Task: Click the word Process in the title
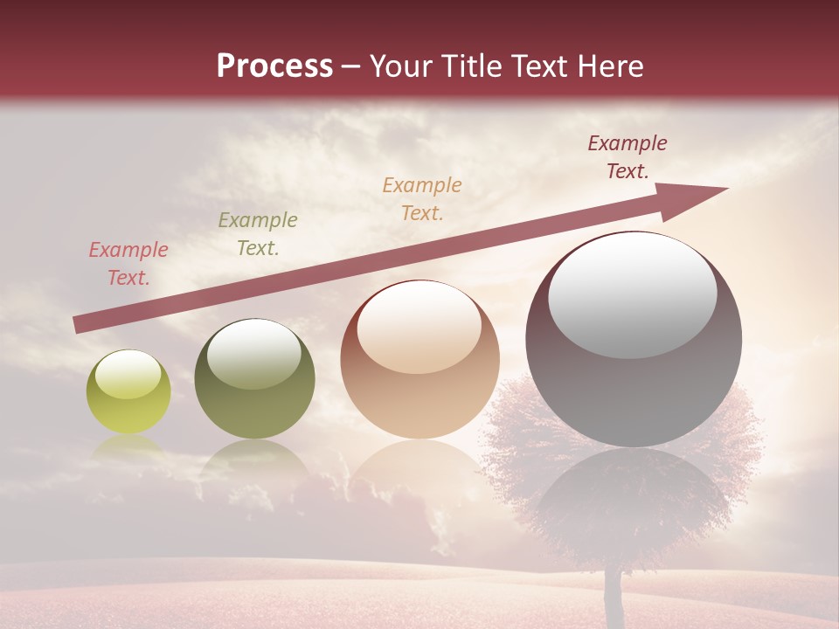[274, 66]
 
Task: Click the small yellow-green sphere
[128, 393]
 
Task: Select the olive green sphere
[254, 379]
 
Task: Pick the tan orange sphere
[419, 360]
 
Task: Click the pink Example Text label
[128, 264]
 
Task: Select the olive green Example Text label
[258, 234]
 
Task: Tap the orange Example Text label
[422, 199]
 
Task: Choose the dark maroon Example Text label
[628, 157]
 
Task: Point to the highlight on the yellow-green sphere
[128, 374]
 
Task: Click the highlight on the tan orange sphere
[419, 325]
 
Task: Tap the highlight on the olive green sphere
[253, 351]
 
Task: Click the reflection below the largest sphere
[633, 498]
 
